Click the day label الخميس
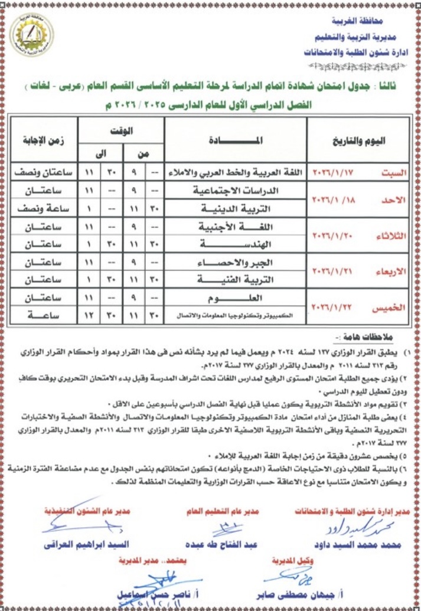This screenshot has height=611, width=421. (390, 309)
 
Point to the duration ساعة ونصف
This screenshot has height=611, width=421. (44, 209)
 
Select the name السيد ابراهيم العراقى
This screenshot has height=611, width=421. (81, 545)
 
